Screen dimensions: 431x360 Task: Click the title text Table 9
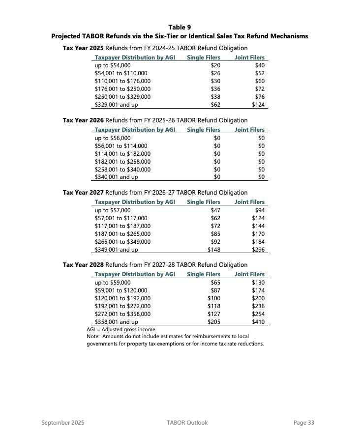coord(180,27)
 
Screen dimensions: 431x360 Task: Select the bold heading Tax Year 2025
coord(83,48)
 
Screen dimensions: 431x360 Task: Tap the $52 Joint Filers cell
coord(260,73)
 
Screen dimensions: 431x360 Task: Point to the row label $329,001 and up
coord(116,105)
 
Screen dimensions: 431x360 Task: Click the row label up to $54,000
coord(113,65)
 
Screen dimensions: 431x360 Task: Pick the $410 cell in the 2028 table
coord(258,322)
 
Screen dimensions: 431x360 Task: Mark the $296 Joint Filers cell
coord(258,250)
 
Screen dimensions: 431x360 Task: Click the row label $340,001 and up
coord(116,177)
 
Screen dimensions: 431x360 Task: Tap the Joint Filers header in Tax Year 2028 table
coord(249,274)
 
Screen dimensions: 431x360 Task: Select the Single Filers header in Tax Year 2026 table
coord(204,130)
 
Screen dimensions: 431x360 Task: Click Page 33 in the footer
coord(303,423)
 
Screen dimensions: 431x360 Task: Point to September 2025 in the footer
coord(63,423)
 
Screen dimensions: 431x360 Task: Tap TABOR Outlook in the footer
coord(187,423)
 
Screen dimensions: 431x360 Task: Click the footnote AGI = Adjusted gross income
coord(121,329)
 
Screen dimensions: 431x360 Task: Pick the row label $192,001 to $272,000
coord(122,306)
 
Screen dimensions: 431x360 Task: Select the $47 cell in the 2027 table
coord(215,210)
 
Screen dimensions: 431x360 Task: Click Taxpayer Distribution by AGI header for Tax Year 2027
coord(135,202)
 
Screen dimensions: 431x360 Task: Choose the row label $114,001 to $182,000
coord(122,154)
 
